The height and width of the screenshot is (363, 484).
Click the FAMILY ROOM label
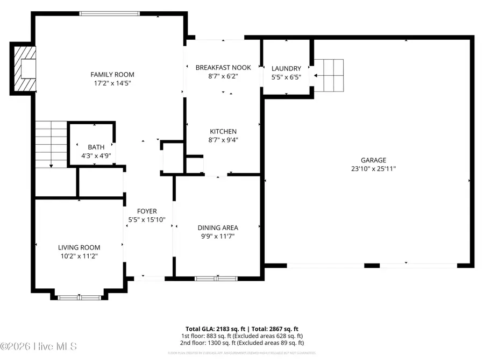[112, 74]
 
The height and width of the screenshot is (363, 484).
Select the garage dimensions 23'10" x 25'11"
[374, 168]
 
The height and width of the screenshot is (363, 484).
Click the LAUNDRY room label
[286, 68]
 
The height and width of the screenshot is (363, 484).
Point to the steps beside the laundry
[329, 75]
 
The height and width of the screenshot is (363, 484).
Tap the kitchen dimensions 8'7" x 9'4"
[223, 140]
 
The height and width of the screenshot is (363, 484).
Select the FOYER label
[147, 211]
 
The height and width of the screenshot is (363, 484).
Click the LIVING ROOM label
[79, 247]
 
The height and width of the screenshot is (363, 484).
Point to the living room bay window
[79, 296]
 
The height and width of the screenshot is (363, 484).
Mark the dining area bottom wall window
[216, 278]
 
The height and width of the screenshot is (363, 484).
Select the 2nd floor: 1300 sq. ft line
[241, 343]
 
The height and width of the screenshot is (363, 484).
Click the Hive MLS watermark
[39, 346]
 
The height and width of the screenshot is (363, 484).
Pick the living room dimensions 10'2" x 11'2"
[79, 256]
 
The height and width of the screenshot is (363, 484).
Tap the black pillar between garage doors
[372, 265]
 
